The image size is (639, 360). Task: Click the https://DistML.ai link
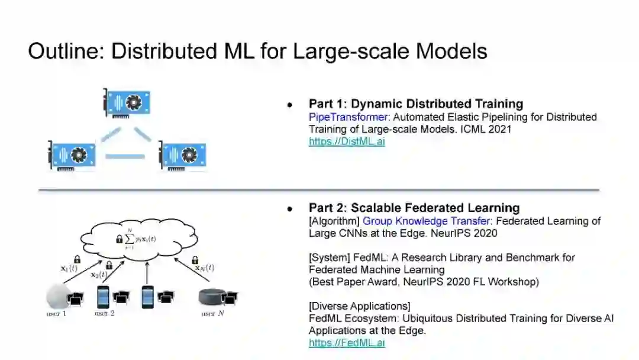tap(347, 142)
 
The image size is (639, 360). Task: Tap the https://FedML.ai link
tap(347, 343)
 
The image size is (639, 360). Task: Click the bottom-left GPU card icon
tap(72, 156)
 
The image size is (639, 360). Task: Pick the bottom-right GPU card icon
tap(182, 155)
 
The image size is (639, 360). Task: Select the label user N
tap(212, 313)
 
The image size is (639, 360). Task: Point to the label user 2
tap(105, 313)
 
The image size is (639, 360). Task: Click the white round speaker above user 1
tap(57, 295)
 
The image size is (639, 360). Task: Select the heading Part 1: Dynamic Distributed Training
tap(416, 104)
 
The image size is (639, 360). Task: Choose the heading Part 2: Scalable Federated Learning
tap(414, 208)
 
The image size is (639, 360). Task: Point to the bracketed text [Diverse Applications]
tap(359, 306)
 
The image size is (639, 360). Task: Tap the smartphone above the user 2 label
tap(104, 296)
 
